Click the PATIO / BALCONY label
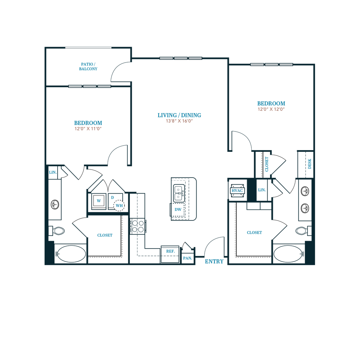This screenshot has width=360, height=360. (88, 66)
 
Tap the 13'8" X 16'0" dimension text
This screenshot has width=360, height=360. (179, 121)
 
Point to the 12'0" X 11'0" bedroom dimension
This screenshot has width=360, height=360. (88, 129)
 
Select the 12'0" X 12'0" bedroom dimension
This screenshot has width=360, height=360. (271, 109)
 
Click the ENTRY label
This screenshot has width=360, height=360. (214, 262)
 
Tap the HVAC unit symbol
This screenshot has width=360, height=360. (237, 191)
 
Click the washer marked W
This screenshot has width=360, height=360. (99, 201)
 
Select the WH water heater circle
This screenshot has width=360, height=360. (119, 205)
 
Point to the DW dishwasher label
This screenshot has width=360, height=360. (178, 210)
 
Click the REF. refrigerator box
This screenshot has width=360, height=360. (170, 254)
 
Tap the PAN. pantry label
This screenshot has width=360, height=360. (188, 258)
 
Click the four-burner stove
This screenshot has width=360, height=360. (138, 226)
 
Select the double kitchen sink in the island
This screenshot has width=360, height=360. (179, 193)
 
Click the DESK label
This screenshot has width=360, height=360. (309, 164)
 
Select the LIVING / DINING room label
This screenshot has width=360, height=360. (179, 115)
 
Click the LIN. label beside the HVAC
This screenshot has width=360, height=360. (262, 190)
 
